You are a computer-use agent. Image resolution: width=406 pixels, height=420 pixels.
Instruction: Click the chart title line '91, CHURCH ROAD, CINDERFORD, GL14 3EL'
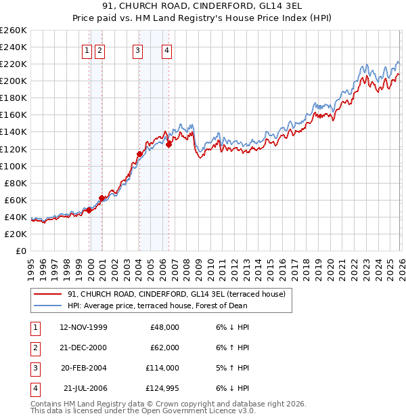click(x=203, y=7)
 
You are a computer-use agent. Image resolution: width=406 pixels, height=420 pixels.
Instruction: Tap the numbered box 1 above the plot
click(x=87, y=49)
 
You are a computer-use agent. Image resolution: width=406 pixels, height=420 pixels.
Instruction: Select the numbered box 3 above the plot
click(x=137, y=49)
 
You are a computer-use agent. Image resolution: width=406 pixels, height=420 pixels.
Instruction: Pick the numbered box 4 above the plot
click(x=166, y=49)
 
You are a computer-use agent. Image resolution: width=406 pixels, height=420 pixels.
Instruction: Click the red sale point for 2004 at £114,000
click(x=139, y=154)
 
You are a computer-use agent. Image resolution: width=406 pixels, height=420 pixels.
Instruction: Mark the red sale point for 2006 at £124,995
click(x=168, y=144)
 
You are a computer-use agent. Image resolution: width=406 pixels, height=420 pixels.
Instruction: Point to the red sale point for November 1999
click(x=89, y=210)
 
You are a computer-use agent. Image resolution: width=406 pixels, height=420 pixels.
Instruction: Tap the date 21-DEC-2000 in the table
click(x=83, y=348)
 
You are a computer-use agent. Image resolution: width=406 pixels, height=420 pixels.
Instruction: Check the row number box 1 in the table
click(x=33, y=327)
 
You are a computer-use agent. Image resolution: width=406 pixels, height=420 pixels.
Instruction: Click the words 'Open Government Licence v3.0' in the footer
click(x=198, y=411)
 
